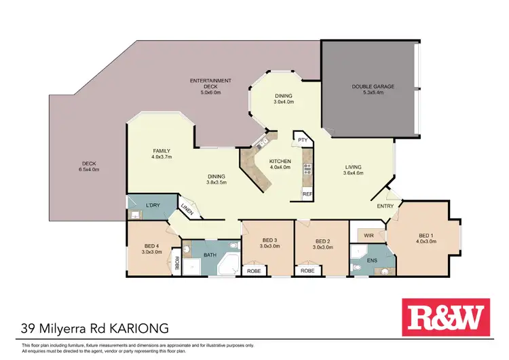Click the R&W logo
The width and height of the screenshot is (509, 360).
446,317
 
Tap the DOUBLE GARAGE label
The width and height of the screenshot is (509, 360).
373,86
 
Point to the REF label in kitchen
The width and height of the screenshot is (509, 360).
306,194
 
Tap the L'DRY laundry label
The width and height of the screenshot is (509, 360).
153,204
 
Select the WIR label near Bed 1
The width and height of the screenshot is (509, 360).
369,235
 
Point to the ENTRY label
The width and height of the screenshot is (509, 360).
385,206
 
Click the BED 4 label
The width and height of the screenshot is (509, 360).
151,247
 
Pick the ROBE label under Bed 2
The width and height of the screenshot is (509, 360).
307,270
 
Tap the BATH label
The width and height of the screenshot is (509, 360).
209,255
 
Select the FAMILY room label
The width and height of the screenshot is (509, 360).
162,151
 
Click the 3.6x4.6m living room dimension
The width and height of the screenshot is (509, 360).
353,173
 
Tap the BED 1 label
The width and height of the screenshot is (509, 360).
426,234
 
